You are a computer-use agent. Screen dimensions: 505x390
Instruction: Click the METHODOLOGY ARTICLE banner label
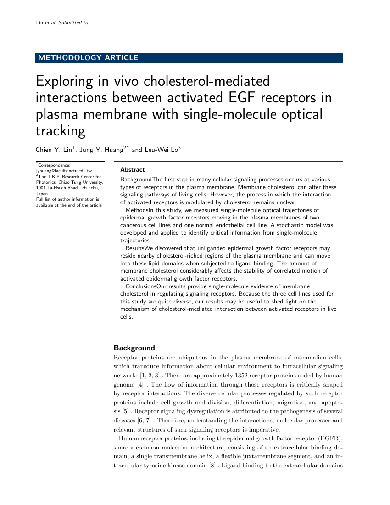pyautogui.click(x=89, y=58)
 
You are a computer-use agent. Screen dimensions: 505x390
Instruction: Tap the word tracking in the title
pyautogui.click(x=61, y=131)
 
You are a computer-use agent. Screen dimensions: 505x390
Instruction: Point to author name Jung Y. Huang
pyautogui.click(x=104, y=150)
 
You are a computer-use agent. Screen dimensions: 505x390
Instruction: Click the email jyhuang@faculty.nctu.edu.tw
pyautogui.click(x=64, y=170)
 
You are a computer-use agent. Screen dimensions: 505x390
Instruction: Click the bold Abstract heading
pyautogui.click(x=132, y=170)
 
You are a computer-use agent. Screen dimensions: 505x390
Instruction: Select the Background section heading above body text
pyautogui.click(x=134, y=348)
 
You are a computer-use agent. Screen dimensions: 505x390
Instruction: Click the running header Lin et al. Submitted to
pyautogui.click(x=62, y=22)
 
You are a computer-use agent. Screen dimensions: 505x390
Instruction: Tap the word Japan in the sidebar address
pyautogui.click(x=42, y=194)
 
